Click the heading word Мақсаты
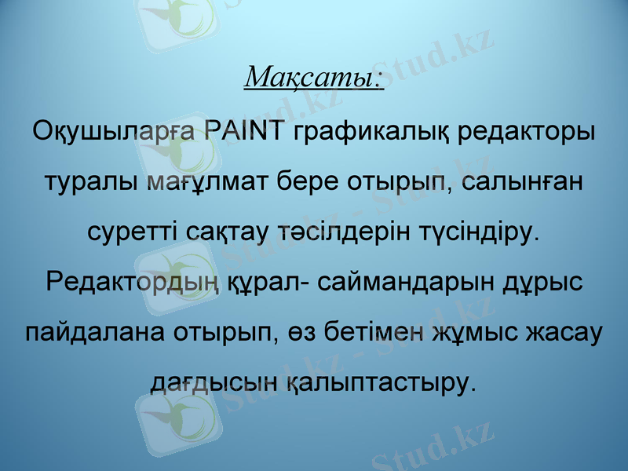pos(313,78)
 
